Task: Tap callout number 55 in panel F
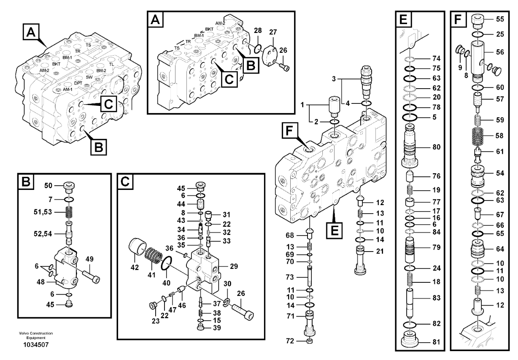[500, 19]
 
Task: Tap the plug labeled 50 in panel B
[68, 186]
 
